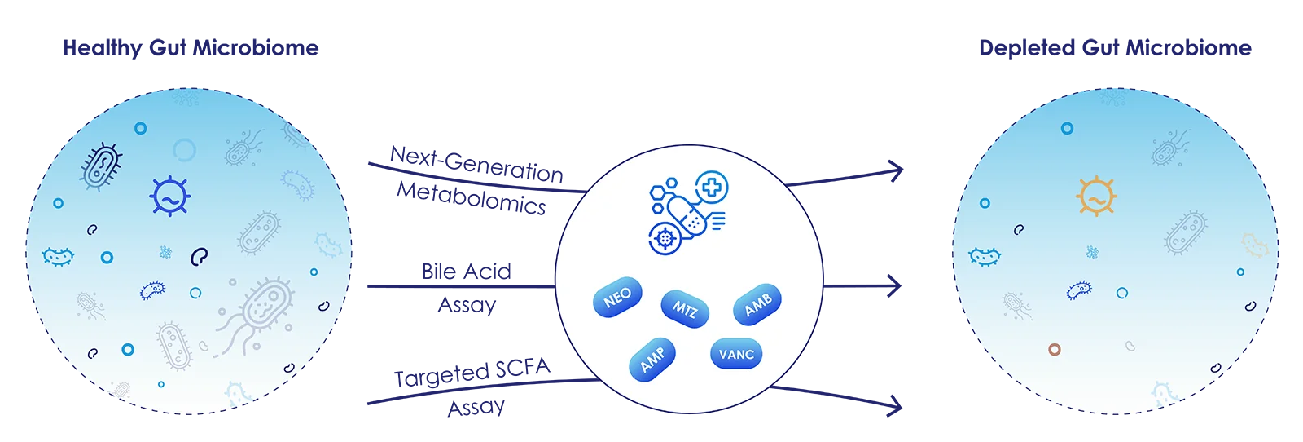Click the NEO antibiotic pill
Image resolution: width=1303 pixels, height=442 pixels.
point(617,297)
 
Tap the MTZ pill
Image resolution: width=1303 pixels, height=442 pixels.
point(685,308)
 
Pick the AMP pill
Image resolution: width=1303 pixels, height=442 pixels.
point(652,360)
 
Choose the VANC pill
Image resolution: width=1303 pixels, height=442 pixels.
point(736,354)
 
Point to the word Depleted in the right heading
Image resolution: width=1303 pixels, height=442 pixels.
point(1027,48)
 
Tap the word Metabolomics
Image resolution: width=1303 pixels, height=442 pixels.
point(472,198)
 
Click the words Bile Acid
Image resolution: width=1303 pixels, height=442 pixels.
point(467,272)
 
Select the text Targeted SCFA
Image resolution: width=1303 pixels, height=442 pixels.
point(472,373)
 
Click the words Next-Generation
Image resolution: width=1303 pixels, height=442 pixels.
point(476,164)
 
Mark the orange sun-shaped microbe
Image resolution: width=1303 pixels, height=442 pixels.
point(1096,197)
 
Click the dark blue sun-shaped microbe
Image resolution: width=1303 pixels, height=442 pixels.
point(169,197)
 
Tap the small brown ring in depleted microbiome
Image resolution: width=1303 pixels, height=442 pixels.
point(1055,349)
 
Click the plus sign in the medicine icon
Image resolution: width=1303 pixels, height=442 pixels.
point(712,187)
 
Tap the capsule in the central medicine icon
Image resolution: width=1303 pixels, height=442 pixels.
point(687,216)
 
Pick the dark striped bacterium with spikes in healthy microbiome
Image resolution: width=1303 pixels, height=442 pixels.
point(101,166)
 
